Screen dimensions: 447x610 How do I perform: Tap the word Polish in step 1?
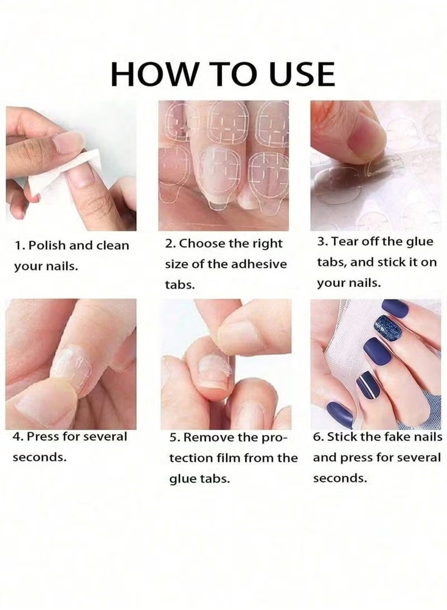(x=47, y=245)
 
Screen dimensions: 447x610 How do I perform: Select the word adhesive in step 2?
(x=259, y=264)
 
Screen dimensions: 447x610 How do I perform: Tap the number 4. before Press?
(x=18, y=437)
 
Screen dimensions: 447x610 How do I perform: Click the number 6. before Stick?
(x=318, y=437)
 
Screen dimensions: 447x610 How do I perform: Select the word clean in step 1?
(x=112, y=245)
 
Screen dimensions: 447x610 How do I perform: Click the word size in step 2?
(x=175, y=264)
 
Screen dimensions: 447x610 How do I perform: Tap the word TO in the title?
(x=233, y=74)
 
